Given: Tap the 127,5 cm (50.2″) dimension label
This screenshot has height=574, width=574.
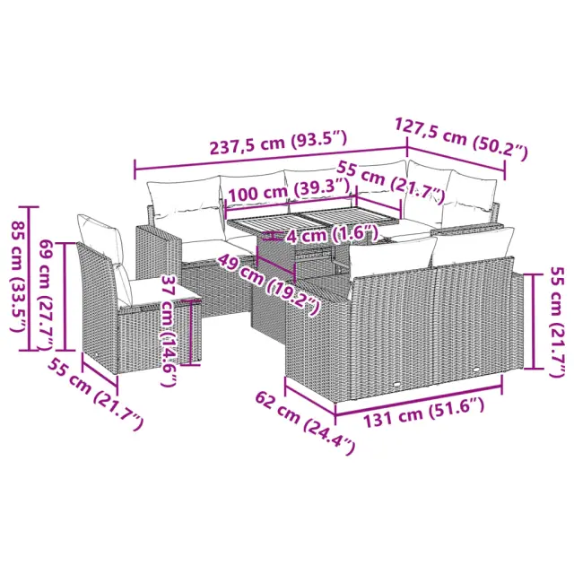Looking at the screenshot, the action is click(461, 138).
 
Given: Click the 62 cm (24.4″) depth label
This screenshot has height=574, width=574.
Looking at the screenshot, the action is click(305, 422).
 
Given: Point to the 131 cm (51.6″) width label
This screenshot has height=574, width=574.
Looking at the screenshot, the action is click(424, 413).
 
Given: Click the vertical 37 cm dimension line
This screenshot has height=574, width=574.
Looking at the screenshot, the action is click(191, 332).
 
